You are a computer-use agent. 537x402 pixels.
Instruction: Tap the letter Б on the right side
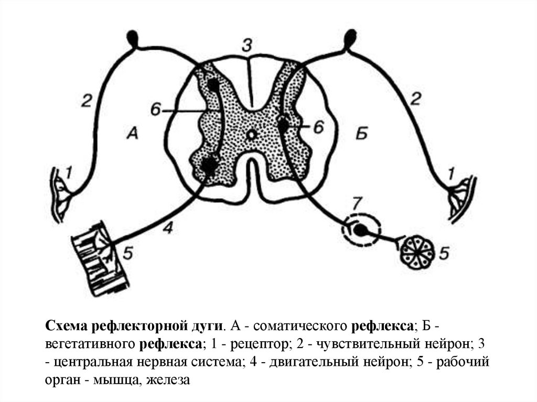[x=362, y=134]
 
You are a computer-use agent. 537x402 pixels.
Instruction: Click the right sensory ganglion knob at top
[x=350, y=38]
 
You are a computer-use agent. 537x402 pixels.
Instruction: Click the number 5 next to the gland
[x=444, y=254]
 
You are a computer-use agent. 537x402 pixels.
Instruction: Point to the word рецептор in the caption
[x=252, y=344]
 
